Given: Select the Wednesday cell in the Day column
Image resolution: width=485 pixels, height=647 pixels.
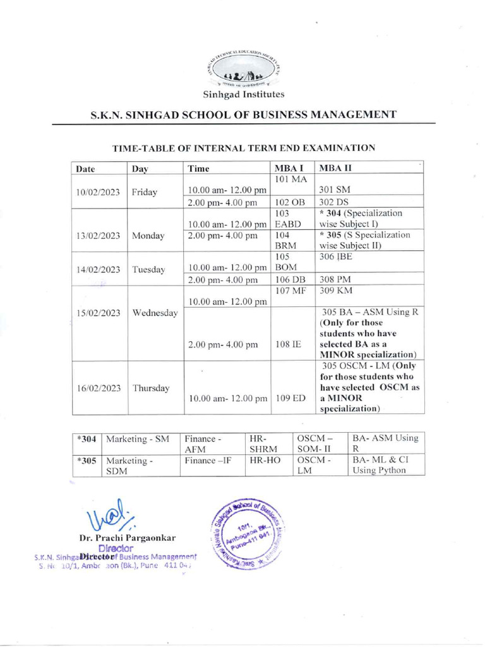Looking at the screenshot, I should [x=155, y=313].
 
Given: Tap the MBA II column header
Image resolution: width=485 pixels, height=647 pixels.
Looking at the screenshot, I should [x=335, y=169].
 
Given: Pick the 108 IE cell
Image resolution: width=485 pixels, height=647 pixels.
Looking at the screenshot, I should [x=288, y=345].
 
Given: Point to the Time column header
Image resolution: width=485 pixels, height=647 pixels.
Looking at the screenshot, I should [x=198, y=169].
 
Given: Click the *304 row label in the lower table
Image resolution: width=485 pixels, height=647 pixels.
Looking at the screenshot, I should [x=86, y=438].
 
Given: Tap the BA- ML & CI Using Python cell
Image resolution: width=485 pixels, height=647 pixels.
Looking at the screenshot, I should [x=378, y=466].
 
